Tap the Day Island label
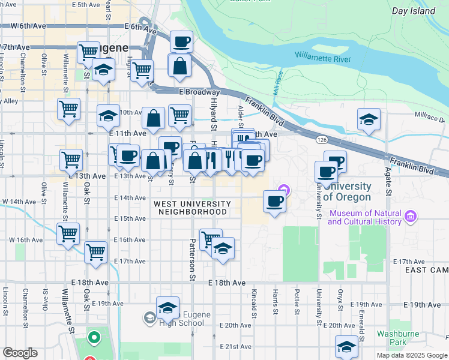(x=413, y=11)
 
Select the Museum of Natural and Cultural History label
(x=364, y=218)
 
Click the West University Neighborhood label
(x=191, y=208)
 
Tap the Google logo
(x=20, y=353)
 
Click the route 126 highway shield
(x=321, y=140)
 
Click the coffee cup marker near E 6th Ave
(x=181, y=42)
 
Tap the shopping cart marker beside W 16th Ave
(x=68, y=233)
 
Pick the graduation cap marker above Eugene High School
(x=167, y=308)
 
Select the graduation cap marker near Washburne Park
(x=346, y=347)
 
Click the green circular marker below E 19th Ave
(x=94, y=338)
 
